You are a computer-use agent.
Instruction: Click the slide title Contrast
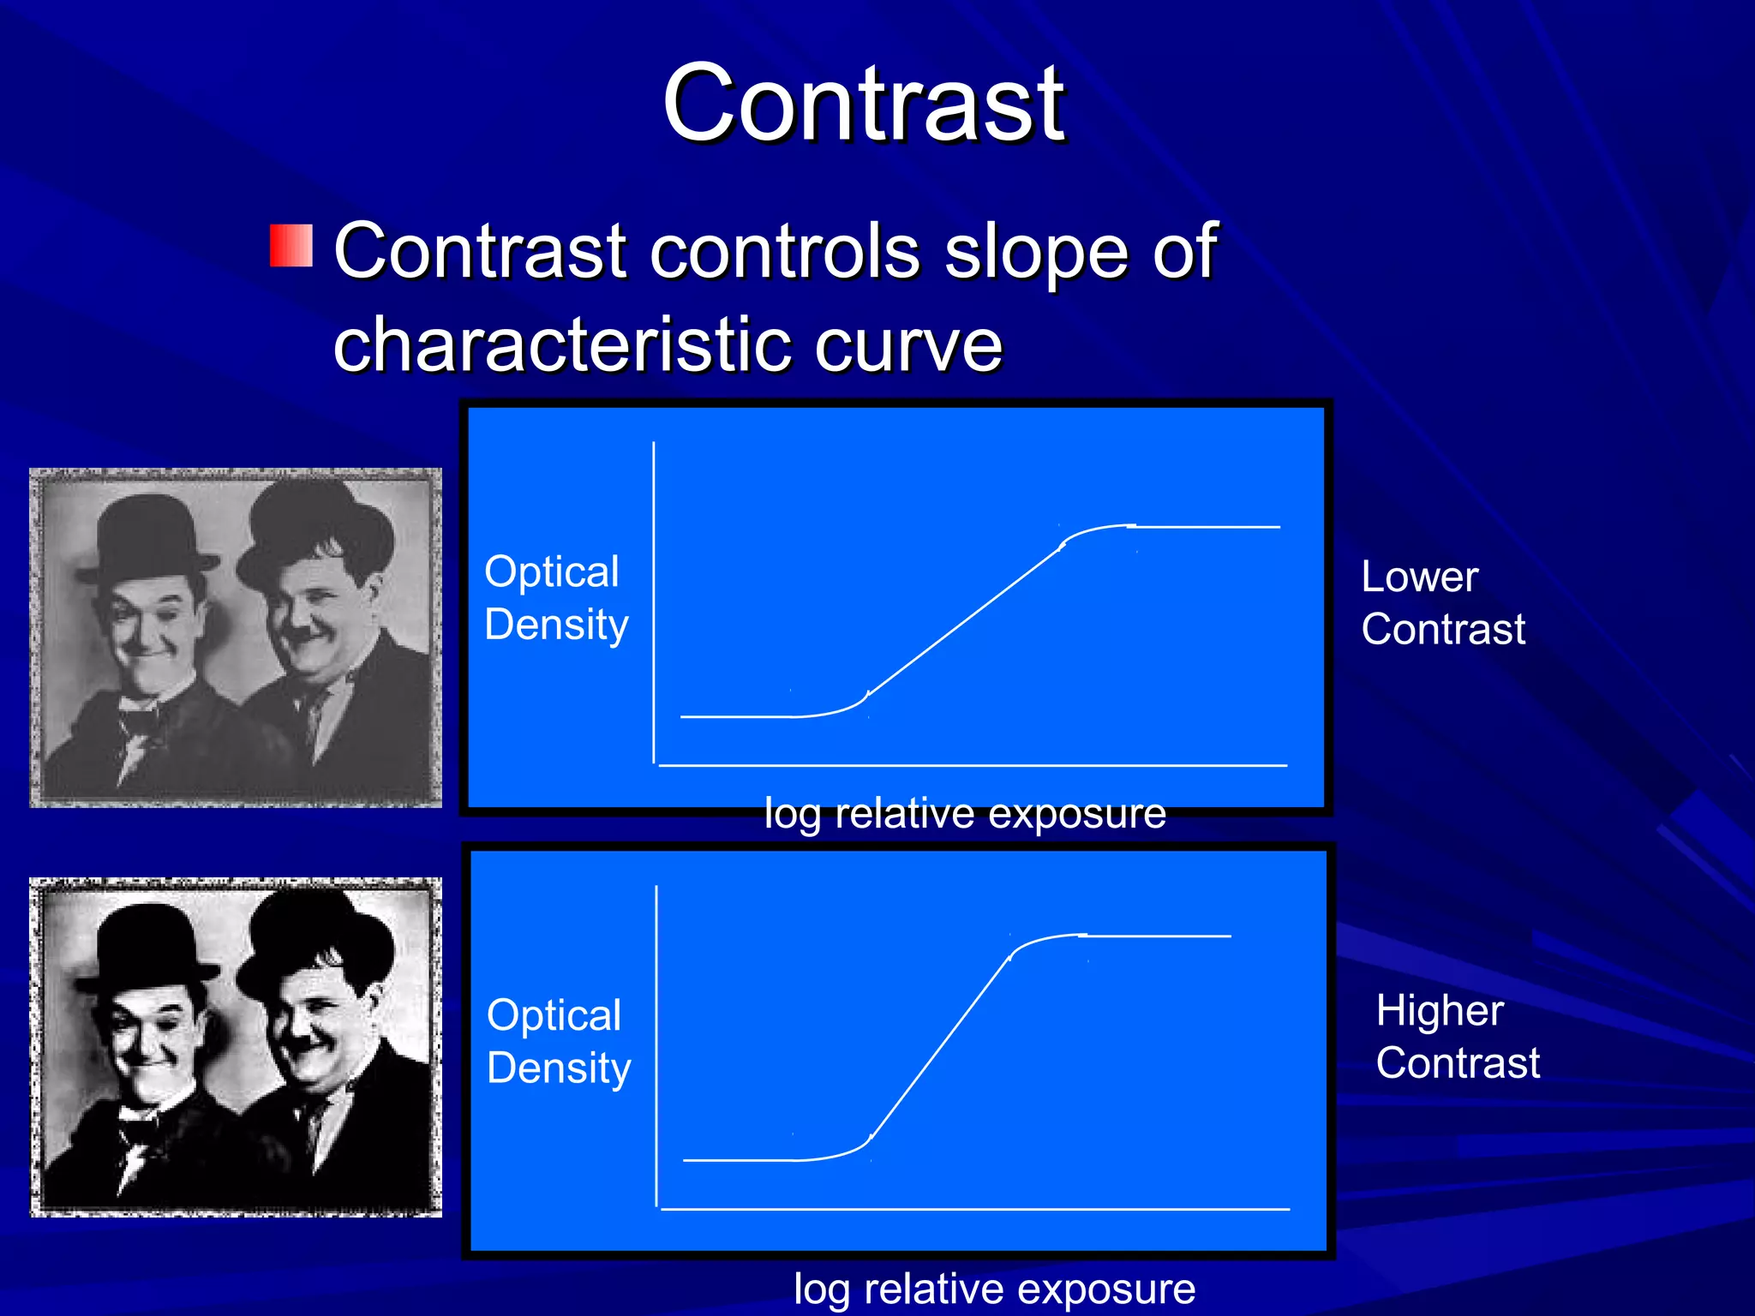click(x=863, y=105)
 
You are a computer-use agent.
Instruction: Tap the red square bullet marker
click(x=291, y=246)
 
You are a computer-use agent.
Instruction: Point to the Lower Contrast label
click(x=1442, y=603)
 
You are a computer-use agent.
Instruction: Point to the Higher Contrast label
click(x=1457, y=1037)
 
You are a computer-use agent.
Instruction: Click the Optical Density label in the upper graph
click(x=555, y=598)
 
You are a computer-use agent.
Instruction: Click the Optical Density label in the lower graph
click(x=558, y=1042)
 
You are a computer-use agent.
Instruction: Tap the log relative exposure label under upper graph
click(x=964, y=813)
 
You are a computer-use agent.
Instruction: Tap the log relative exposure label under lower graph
click(x=994, y=1289)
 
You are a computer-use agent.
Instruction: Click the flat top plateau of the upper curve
click(x=1208, y=527)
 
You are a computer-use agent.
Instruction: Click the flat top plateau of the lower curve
click(x=1157, y=936)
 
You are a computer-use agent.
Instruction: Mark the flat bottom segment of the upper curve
click(x=737, y=716)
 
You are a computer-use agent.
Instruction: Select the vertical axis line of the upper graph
click(x=654, y=600)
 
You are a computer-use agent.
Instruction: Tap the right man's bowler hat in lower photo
click(x=317, y=938)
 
